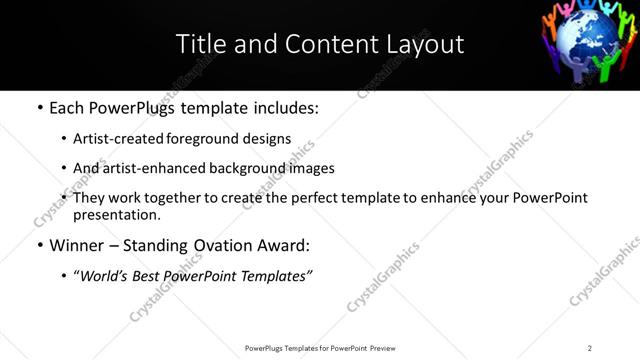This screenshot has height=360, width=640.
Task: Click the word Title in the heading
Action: (200, 44)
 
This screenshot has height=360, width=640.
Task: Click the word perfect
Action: (317, 198)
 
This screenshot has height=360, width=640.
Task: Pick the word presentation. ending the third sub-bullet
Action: (116, 214)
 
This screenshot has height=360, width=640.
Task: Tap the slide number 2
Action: (589, 348)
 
